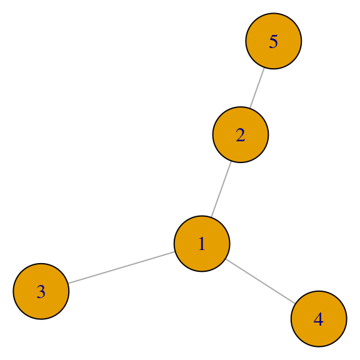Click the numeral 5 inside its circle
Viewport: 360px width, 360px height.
(x=274, y=41)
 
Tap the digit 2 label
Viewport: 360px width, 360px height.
(x=241, y=135)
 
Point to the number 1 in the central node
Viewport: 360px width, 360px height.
(x=202, y=244)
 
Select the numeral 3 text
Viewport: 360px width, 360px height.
(x=41, y=292)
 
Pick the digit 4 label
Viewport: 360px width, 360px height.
(x=319, y=319)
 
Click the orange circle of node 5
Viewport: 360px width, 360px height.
(x=274, y=41)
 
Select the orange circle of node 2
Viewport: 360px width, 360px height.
(x=241, y=135)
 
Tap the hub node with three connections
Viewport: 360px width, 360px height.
(x=202, y=244)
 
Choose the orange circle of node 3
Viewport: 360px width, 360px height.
(x=41, y=291)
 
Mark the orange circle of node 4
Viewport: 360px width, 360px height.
(x=319, y=319)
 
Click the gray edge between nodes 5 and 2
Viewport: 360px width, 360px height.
(x=257, y=88)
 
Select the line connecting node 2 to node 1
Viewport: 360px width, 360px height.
(x=221, y=189)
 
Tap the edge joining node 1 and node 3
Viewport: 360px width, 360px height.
(x=121, y=267)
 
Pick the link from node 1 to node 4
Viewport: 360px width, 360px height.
(x=261, y=281)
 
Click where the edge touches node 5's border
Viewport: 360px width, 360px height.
(x=264, y=68)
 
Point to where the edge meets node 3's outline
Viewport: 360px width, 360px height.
(x=68, y=283)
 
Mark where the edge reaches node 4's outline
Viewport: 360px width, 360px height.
(x=295, y=304)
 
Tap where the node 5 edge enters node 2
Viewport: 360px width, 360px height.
(x=250, y=108)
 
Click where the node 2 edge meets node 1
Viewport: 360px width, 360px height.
(x=211, y=217)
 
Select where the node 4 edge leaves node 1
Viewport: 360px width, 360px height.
(x=226, y=259)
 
